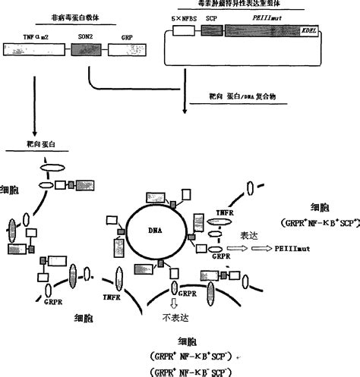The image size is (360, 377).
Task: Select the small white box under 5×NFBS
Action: tap(183, 33)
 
